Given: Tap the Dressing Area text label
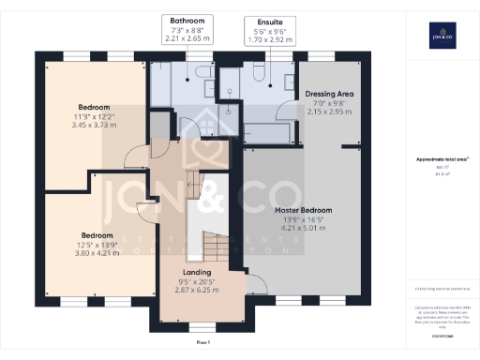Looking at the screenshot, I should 328,95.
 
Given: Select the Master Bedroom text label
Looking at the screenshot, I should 305,209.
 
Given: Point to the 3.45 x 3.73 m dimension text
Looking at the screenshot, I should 94,126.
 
